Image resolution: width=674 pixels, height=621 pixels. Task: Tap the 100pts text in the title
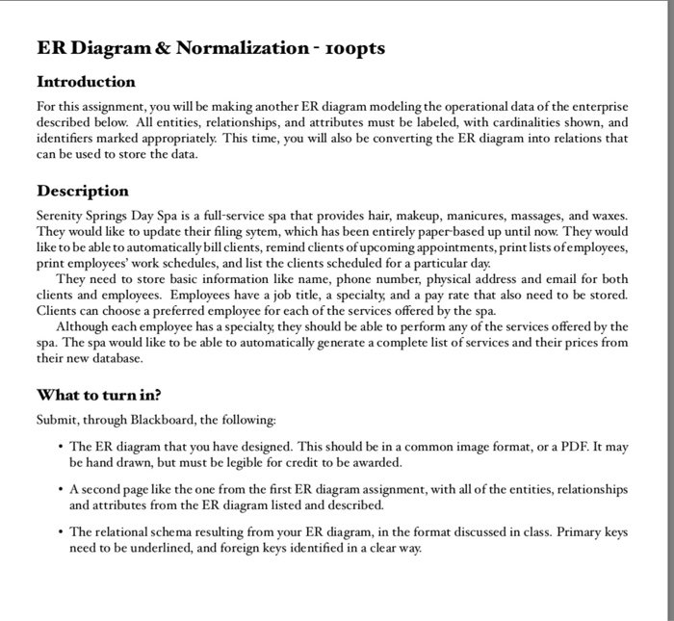tap(354, 47)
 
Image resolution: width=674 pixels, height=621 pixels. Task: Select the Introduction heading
tap(86, 81)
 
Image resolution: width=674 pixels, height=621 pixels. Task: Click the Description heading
tap(83, 190)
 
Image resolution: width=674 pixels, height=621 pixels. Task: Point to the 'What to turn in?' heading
tap(98, 394)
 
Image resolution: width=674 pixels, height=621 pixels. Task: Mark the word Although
tap(82, 326)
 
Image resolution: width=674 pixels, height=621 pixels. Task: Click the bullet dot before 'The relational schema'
tap(60, 531)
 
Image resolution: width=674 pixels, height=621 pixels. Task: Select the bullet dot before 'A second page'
tap(60, 489)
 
